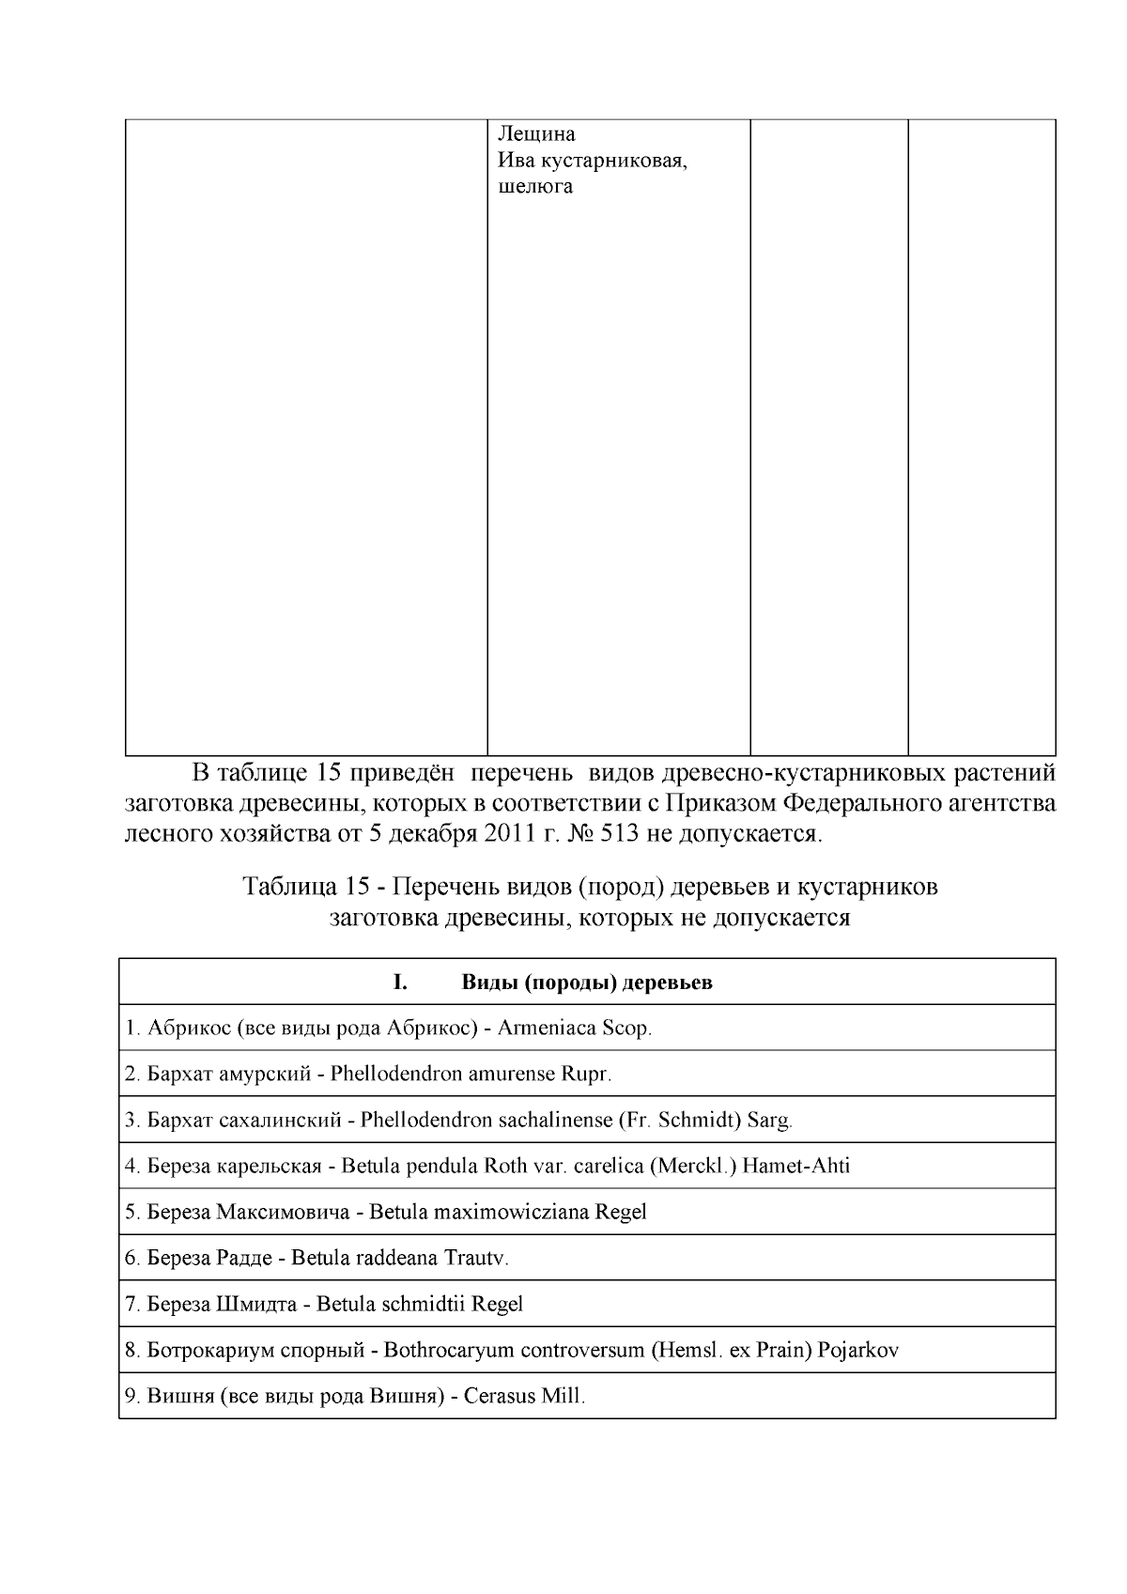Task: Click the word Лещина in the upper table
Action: pos(536,134)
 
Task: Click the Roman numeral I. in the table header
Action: pos(400,983)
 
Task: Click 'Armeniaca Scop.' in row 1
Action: pos(575,1029)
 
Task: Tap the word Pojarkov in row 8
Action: pos(857,1351)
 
